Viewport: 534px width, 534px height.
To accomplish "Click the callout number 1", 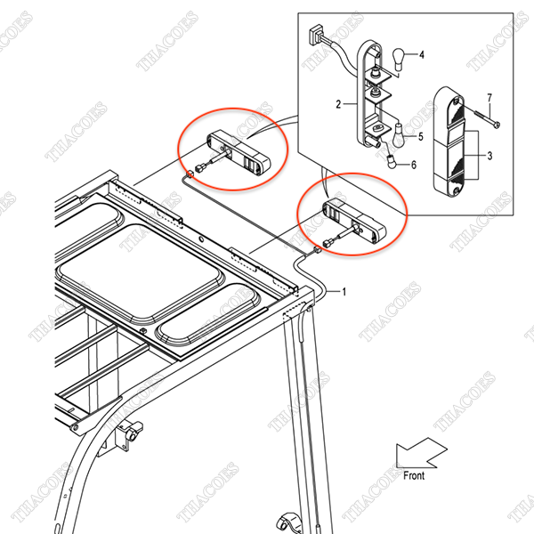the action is [x=344, y=292].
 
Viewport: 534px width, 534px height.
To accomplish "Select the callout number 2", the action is [x=338, y=104].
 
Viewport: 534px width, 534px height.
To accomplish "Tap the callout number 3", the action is [x=489, y=156].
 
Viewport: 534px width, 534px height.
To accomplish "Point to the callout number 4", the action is [x=422, y=54].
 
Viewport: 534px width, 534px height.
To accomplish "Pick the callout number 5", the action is [x=421, y=137].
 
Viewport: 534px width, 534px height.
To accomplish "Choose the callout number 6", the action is [x=414, y=165].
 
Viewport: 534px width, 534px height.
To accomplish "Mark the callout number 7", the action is [x=489, y=98].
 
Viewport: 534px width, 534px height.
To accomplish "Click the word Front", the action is [x=414, y=475].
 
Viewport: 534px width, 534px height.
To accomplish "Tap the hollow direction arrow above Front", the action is [x=421, y=453].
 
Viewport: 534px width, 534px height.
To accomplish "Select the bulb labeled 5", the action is [x=399, y=135].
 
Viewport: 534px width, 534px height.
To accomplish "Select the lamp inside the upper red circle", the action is [x=239, y=151].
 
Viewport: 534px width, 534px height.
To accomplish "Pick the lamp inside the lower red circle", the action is [x=354, y=221].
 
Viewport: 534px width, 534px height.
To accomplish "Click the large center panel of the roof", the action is [x=141, y=271].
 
